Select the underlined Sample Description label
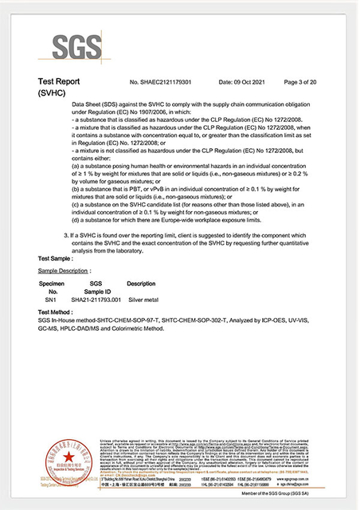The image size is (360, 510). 65,271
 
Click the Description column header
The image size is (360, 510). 141,284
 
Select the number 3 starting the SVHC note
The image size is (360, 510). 65,237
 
